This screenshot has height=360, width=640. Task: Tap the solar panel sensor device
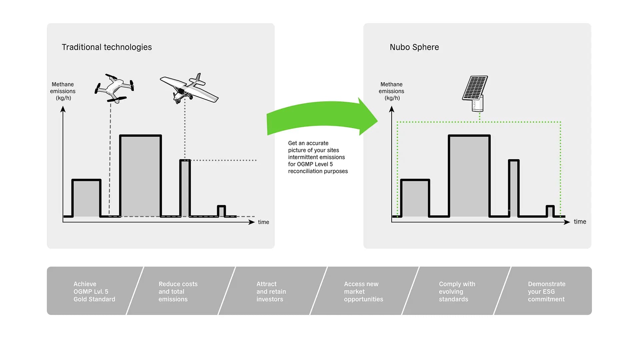tap(475, 93)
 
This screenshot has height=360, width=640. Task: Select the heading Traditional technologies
tap(107, 47)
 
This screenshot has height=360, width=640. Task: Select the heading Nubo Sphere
tap(414, 47)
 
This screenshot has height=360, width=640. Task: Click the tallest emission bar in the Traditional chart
tap(140, 176)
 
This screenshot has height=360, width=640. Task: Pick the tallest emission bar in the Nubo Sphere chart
tap(469, 176)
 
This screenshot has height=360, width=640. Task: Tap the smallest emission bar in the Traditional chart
tap(221, 211)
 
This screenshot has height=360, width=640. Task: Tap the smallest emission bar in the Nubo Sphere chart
tap(550, 211)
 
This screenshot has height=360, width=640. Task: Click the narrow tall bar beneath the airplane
tap(185, 188)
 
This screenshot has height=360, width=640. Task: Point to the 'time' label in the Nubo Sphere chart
tap(580, 222)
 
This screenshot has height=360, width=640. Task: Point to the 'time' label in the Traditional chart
tap(263, 222)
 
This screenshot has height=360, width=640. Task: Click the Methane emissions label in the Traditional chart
tap(63, 91)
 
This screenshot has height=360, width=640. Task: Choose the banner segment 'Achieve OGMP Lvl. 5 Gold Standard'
tap(94, 291)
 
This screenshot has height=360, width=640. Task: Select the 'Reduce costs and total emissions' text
tap(178, 291)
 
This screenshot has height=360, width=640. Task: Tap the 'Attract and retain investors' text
tap(271, 291)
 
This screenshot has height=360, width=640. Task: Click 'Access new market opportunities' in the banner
tap(363, 291)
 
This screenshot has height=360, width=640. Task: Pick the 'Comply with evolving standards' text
tap(457, 291)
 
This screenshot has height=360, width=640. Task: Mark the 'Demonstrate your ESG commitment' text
tap(546, 291)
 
